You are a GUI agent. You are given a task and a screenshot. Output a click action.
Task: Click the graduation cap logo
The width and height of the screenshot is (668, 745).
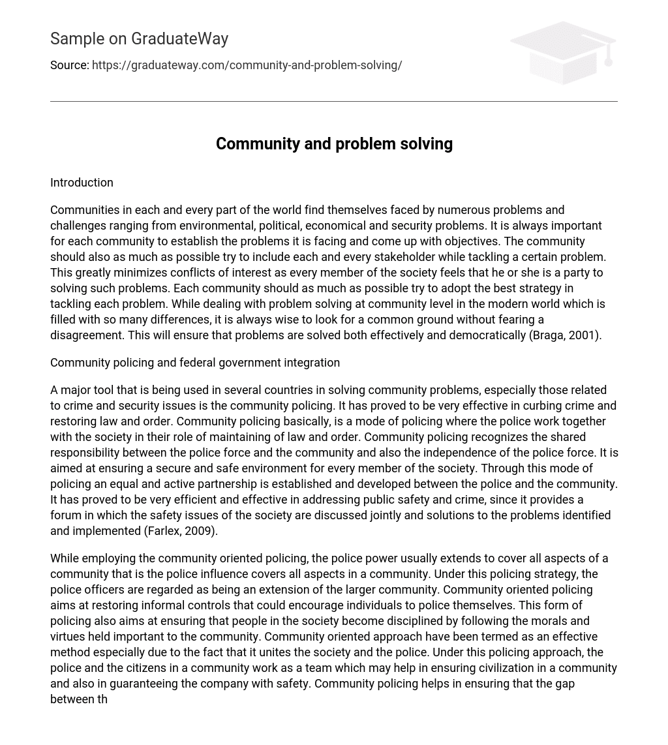pos(563,52)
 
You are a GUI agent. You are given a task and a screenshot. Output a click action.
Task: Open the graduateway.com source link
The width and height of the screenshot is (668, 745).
pos(247,65)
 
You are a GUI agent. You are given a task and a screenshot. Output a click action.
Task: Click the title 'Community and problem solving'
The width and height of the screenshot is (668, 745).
pos(334,144)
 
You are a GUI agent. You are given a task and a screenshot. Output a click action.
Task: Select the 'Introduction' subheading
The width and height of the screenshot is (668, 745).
pos(82,183)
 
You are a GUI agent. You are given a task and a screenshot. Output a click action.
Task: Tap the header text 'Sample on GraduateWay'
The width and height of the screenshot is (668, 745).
pos(139,39)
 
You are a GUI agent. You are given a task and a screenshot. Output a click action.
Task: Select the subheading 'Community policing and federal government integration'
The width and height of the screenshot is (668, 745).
pos(195,363)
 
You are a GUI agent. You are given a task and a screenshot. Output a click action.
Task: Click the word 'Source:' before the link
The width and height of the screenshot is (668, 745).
pos(69,65)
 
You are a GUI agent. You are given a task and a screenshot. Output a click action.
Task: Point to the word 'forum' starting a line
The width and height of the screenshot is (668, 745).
pos(66,515)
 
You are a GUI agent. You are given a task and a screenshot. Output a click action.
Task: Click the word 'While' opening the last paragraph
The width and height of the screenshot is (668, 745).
pos(65,558)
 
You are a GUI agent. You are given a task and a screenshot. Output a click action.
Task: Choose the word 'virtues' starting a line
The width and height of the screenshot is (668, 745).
pos(68,637)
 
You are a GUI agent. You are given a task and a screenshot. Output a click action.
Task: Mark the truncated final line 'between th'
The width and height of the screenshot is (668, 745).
pos(79,699)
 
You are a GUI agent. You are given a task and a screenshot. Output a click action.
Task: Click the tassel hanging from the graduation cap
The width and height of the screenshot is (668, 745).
pos(608,55)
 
